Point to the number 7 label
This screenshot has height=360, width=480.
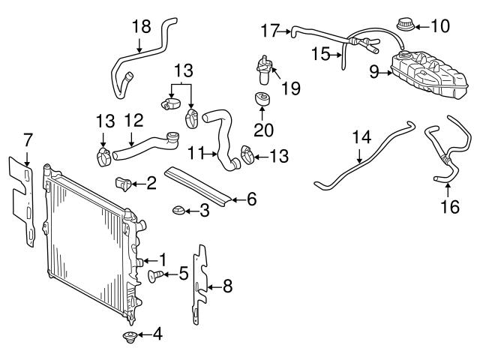coord(28,139)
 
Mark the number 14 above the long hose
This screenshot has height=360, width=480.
coord(361,137)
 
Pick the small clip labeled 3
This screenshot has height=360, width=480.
coord(179,209)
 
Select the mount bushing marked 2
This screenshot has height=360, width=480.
coord(124,183)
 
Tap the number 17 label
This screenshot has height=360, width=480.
coord(269,31)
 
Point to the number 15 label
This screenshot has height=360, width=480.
coord(321,55)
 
